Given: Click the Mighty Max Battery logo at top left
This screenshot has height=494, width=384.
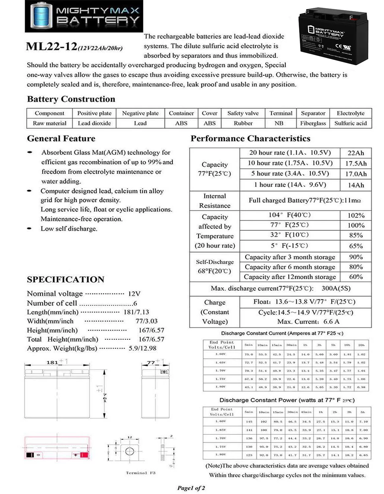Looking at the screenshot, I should (x=84, y=16).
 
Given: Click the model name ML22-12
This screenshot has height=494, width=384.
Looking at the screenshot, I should (x=51, y=46).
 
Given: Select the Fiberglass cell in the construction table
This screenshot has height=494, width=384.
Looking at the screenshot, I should (x=313, y=123).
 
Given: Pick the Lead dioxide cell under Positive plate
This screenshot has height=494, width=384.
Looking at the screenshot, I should (x=94, y=123).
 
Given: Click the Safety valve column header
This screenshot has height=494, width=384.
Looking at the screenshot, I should (x=243, y=113).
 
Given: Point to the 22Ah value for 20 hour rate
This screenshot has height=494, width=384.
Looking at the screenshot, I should (x=356, y=153).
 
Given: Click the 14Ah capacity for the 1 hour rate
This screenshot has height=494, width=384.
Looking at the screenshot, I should (x=356, y=185).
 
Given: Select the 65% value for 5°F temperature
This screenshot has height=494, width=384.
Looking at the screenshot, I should (x=356, y=246).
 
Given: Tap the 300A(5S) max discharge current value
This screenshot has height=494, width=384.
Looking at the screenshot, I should (x=336, y=288).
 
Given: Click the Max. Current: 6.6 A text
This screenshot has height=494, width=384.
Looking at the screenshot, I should (x=308, y=322).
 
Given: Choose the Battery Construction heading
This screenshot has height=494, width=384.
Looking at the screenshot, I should (x=71, y=99).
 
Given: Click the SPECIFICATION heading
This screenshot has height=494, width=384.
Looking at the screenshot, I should (x=66, y=280).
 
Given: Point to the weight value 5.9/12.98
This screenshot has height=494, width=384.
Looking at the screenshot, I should (x=142, y=348).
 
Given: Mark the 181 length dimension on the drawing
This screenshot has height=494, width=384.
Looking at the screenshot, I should (x=52, y=362).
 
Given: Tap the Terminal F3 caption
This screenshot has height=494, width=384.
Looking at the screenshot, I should (x=141, y=473).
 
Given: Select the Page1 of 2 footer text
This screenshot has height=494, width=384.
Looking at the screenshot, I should (x=191, y=488).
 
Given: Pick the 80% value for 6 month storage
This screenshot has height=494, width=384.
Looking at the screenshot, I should (x=356, y=267).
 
